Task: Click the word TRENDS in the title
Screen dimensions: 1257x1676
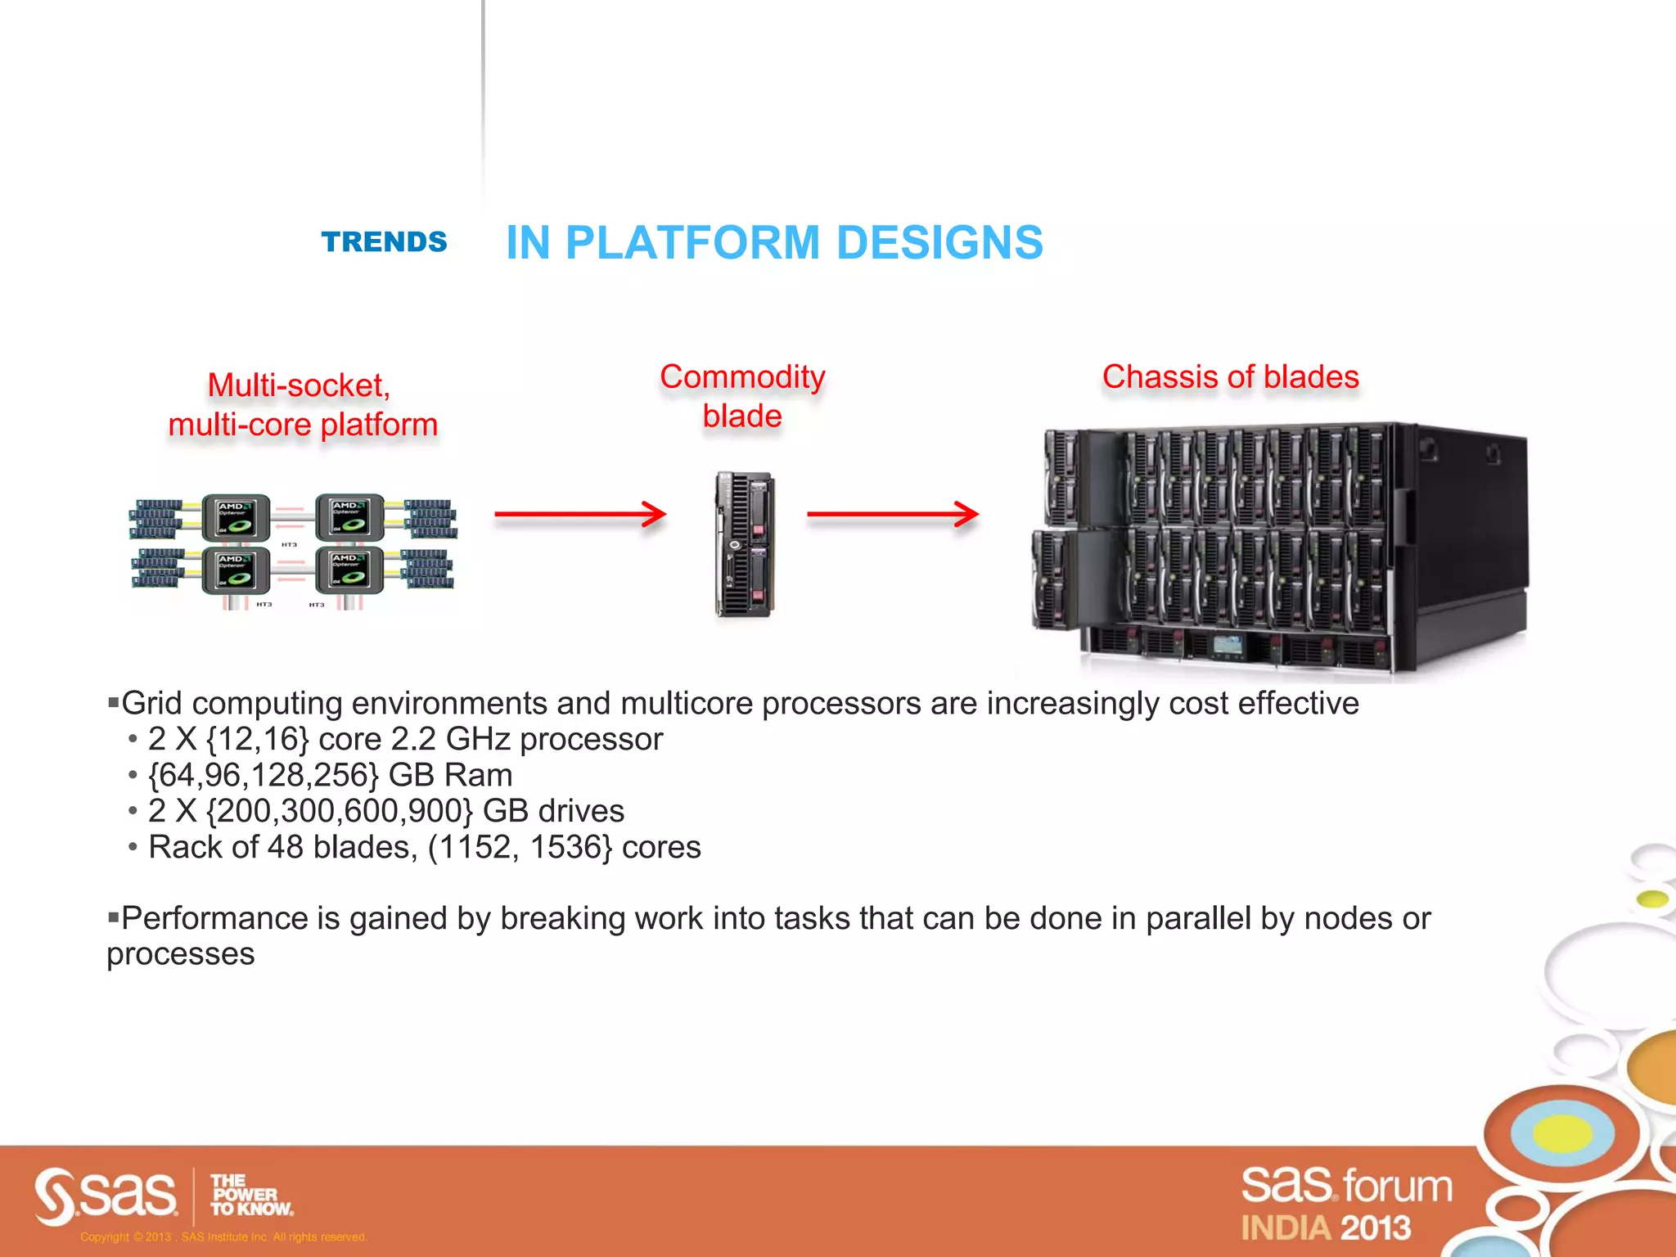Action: (x=384, y=242)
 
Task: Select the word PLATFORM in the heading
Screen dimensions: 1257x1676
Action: (x=692, y=242)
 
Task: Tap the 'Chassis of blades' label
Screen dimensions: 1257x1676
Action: (x=1230, y=376)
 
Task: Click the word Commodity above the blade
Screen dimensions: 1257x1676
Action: (x=742, y=376)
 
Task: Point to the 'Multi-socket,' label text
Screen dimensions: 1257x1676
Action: (x=299, y=385)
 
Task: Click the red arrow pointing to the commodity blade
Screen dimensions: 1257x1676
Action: (x=580, y=514)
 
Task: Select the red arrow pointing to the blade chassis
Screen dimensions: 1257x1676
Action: (x=893, y=514)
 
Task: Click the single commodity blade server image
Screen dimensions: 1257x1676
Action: (x=745, y=544)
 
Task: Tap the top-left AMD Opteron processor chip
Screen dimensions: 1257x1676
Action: (x=236, y=518)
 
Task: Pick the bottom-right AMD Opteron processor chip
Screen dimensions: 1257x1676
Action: (x=349, y=570)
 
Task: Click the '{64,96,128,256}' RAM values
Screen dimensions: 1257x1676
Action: (x=264, y=775)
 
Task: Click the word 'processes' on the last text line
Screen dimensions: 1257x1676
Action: (x=181, y=954)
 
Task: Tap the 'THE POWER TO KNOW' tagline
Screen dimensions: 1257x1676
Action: (x=250, y=1195)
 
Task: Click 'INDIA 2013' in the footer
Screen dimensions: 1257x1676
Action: (x=1326, y=1228)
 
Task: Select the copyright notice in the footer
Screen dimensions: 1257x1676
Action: (x=223, y=1237)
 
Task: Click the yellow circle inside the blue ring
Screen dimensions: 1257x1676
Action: (x=1561, y=1133)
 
